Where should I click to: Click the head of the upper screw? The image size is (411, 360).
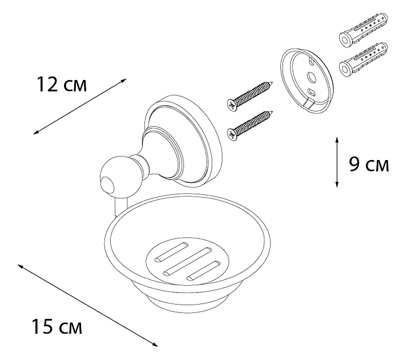(x=230, y=104)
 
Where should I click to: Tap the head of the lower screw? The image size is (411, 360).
(x=231, y=133)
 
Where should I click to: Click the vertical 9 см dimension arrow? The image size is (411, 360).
(x=337, y=162)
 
